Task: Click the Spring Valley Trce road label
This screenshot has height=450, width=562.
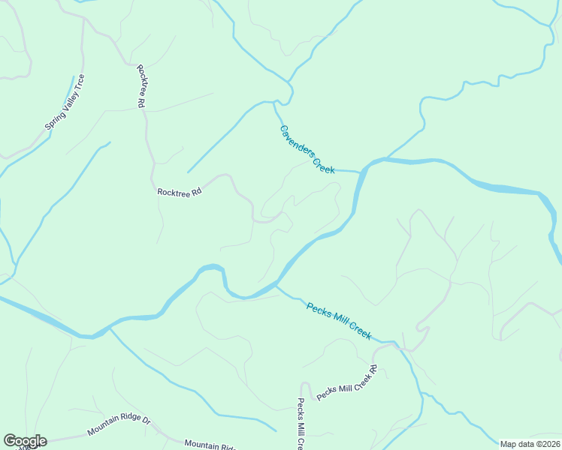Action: click(65, 102)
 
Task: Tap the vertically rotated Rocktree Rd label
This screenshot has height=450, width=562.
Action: click(140, 86)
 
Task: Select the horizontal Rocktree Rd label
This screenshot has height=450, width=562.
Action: click(180, 192)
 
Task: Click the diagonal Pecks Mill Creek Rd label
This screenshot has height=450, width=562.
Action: click(346, 383)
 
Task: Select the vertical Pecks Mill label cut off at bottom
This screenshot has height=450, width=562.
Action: click(300, 424)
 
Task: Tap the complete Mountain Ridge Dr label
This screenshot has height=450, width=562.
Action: click(119, 427)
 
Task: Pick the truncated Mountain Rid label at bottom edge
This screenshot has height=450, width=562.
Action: click(210, 445)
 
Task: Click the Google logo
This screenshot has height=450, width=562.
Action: click(25, 441)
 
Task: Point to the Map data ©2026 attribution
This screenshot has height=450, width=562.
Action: click(530, 444)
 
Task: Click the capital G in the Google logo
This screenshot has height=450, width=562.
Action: click(9, 441)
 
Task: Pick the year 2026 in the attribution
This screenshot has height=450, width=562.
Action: click(548, 444)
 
